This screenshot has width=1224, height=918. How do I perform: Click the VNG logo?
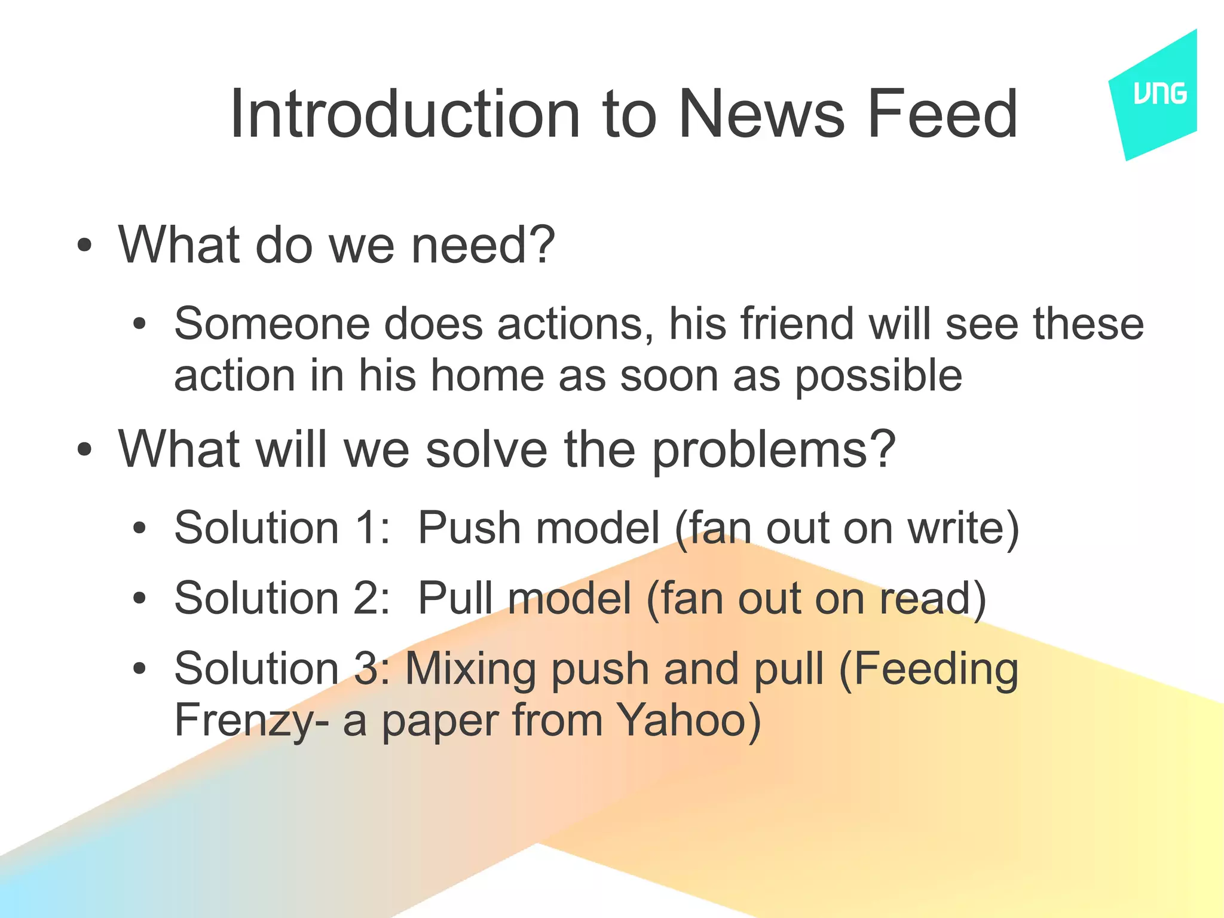[x=1159, y=94]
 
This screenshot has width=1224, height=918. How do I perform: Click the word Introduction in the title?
[x=405, y=114]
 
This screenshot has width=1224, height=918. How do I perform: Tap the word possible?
[x=878, y=377]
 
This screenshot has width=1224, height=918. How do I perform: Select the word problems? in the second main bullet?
[x=773, y=449]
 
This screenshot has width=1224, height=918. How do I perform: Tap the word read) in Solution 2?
[x=932, y=598]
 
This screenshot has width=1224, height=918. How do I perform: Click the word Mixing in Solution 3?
[x=470, y=669]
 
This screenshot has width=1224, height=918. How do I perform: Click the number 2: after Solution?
[x=371, y=598]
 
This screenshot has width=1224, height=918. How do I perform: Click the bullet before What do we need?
[x=85, y=245]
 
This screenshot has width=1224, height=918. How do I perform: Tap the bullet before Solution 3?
[x=139, y=669]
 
